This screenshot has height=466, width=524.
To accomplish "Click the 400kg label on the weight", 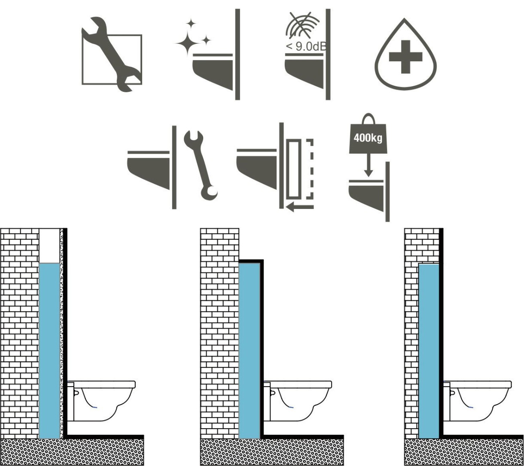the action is point(368,138).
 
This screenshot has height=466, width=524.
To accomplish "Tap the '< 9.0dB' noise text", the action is point(306,46).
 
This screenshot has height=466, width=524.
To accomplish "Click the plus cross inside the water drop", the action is point(405,57).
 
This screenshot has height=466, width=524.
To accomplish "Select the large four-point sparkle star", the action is point(188,43).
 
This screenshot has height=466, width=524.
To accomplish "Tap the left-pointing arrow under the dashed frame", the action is point(300,207).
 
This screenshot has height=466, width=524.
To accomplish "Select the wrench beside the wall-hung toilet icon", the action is point(201,165).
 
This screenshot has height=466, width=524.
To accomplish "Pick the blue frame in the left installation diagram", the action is point(49,350).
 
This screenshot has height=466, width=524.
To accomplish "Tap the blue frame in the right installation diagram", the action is point(429,351).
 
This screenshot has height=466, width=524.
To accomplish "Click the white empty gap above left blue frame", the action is point(49,245).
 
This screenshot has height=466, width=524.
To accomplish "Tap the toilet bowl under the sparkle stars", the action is point(213,73).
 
